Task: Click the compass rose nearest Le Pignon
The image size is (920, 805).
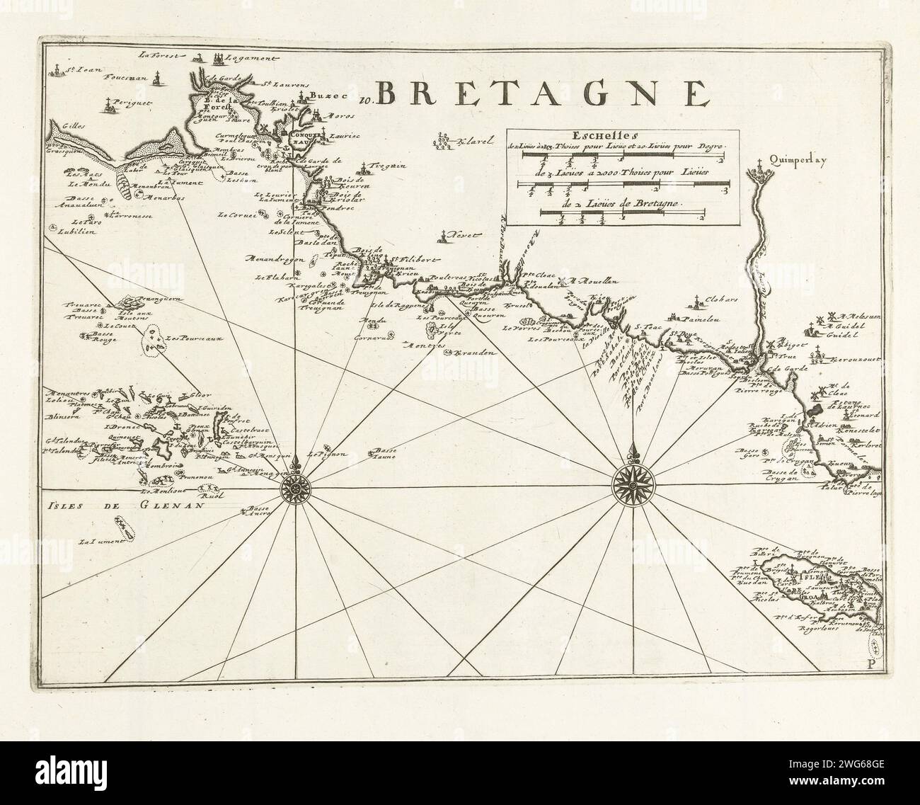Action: point(293,488)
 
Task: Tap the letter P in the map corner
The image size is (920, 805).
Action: point(870,664)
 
